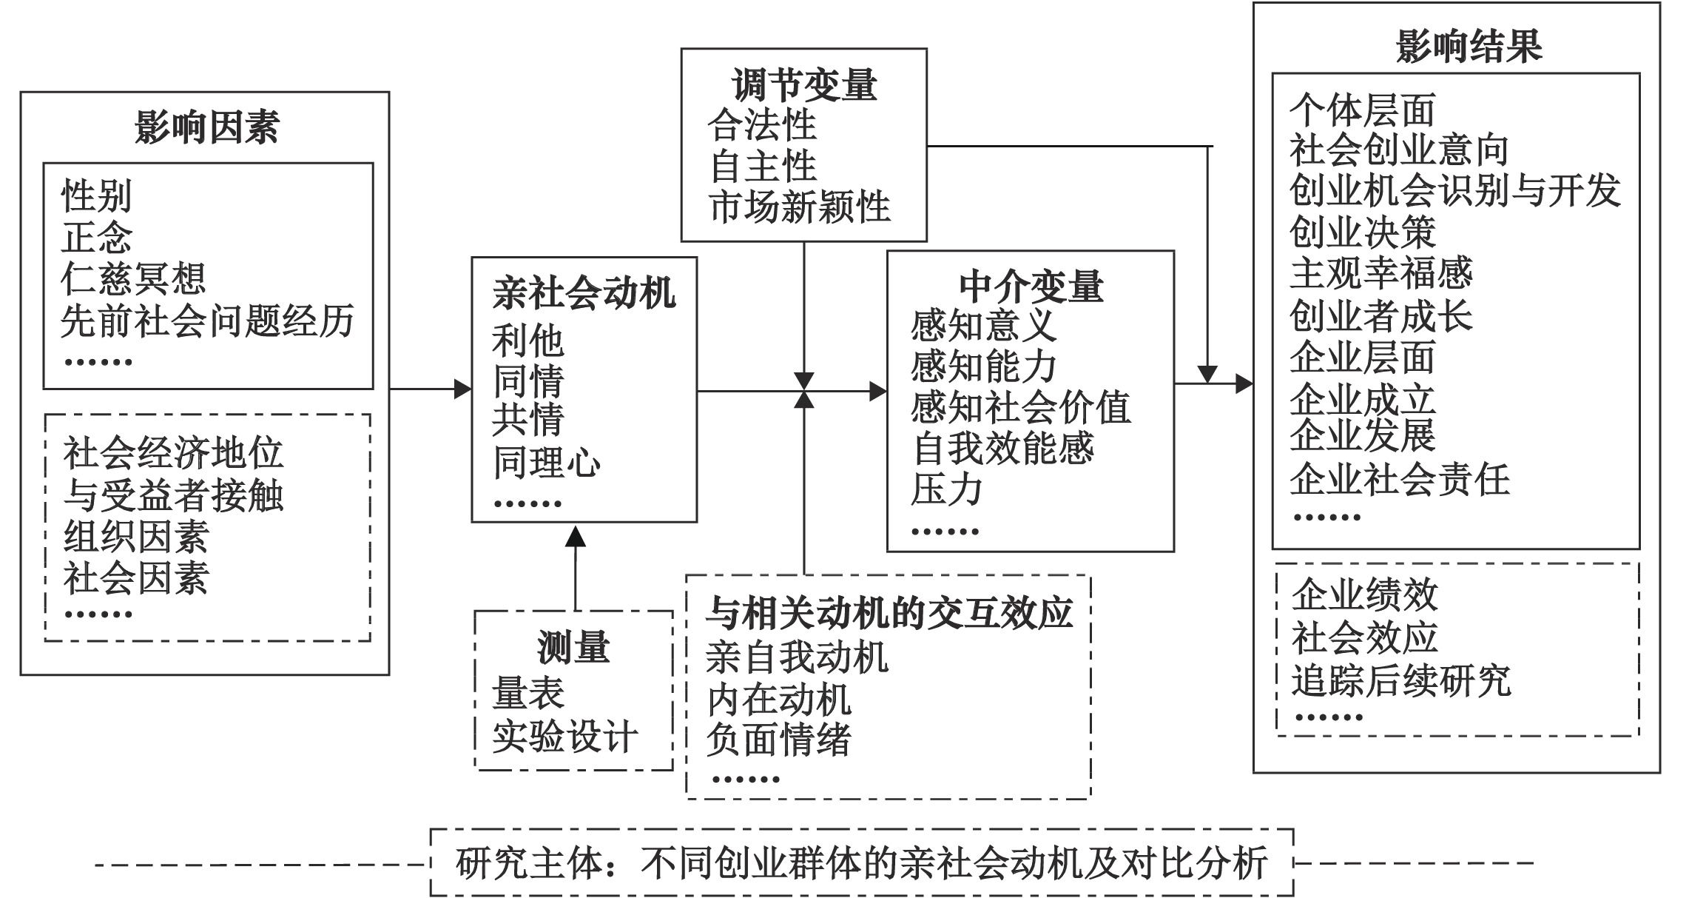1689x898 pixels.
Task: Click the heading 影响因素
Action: (x=206, y=127)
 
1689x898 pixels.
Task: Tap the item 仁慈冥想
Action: (x=133, y=278)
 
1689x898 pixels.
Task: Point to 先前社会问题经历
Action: (x=207, y=321)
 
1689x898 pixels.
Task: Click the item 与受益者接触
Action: (x=173, y=495)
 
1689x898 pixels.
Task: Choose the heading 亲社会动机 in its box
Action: (x=584, y=293)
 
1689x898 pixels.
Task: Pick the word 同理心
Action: (x=547, y=463)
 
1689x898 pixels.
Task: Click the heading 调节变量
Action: (x=804, y=85)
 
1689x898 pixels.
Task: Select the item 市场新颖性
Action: (x=800, y=207)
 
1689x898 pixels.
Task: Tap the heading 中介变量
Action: (x=1031, y=287)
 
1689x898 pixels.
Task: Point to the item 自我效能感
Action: (x=1003, y=448)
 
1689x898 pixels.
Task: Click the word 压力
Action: (x=946, y=489)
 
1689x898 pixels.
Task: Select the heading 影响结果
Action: (x=1469, y=46)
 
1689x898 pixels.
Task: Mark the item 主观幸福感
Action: (x=1381, y=273)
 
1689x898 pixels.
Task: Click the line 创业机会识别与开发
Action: (x=1454, y=190)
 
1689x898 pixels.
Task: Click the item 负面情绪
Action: (x=778, y=740)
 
